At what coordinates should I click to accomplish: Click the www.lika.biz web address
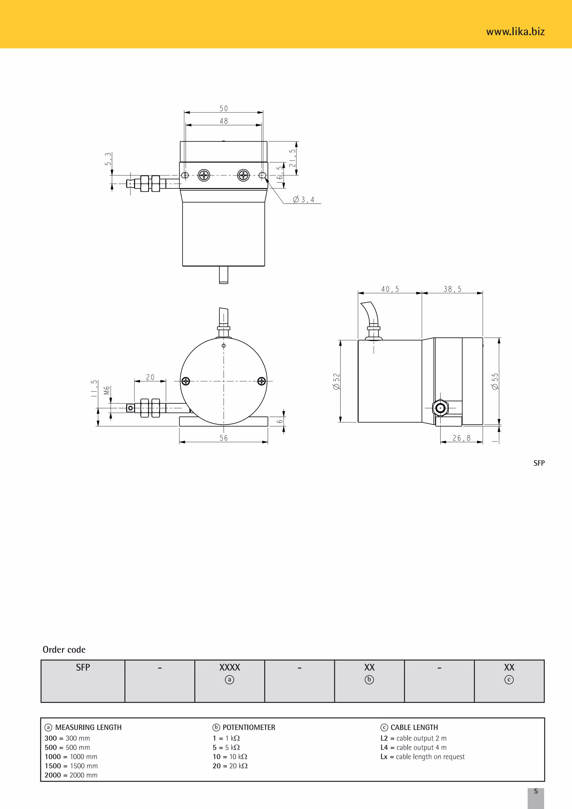[x=515, y=32]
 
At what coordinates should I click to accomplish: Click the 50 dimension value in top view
[x=224, y=108]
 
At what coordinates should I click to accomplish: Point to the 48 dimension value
[x=224, y=121]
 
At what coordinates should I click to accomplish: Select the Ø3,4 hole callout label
[x=304, y=200]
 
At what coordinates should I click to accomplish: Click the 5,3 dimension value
[x=108, y=159]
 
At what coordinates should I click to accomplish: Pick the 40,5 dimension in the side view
[x=390, y=289]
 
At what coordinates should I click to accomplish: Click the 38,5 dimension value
[x=452, y=289]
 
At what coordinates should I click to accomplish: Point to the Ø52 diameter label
[x=336, y=381]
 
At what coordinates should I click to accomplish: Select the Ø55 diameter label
[x=495, y=381]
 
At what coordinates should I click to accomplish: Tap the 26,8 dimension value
[x=461, y=438]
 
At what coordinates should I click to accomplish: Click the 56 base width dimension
[x=224, y=438]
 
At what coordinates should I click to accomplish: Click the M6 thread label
[x=107, y=391]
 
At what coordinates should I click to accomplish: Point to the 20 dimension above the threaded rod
[x=150, y=377]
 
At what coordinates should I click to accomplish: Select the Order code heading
[x=64, y=649]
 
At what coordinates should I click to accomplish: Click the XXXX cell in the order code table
[x=230, y=667]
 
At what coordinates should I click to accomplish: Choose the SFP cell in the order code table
[x=83, y=667]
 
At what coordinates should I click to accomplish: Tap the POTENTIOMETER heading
[x=249, y=727]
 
